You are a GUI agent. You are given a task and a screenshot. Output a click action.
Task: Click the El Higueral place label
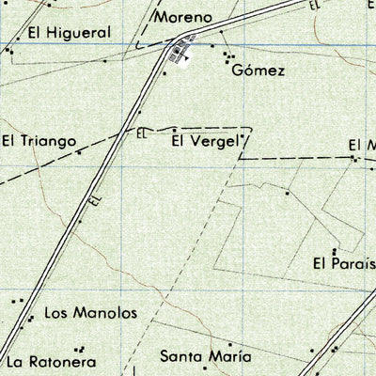(69, 32)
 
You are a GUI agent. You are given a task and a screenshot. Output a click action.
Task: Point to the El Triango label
(38, 141)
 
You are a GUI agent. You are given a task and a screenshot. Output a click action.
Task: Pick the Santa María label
(205, 356)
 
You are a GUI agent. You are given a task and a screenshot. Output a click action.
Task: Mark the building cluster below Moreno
(179, 55)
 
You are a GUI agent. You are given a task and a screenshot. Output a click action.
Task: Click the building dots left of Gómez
(228, 58)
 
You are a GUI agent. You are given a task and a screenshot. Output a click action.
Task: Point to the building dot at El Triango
(80, 150)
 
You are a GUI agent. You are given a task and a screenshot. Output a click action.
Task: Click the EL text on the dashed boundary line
(142, 133)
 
